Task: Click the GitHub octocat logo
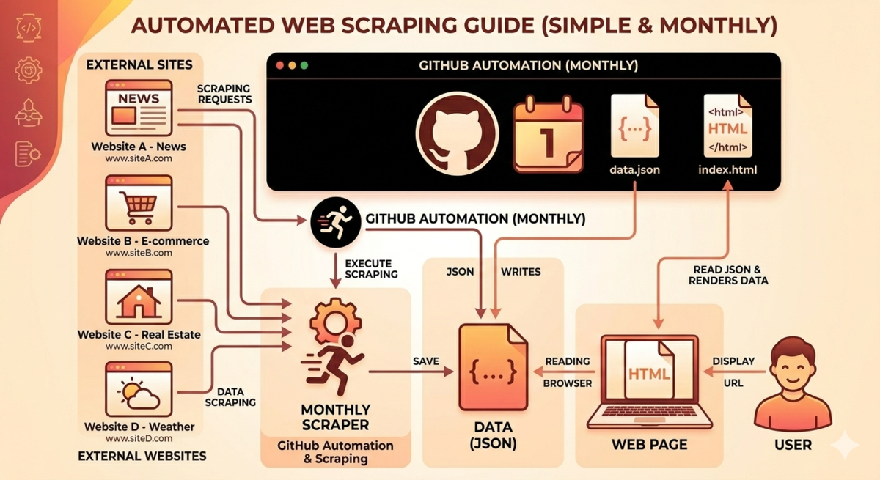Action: pyautogui.click(x=457, y=133)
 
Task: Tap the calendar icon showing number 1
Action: pyautogui.click(x=549, y=134)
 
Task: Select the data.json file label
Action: pyautogui.click(x=634, y=170)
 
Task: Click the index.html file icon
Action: pyautogui.click(x=727, y=125)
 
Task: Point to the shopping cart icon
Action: pyautogui.click(x=139, y=207)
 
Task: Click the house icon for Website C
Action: pyautogui.click(x=139, y=301)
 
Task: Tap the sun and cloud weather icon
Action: pyautogui.click(x=139, y=394)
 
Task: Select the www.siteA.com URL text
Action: pyautogui.click(x=139, y=158)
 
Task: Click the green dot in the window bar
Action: pyautogui.click(x=304, y=65)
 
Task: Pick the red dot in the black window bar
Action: pyautogui.click(x=279, y=65)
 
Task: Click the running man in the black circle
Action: pyautogui.click(x=336, y=222)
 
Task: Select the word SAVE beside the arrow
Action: pyautogui.click(x=426, y=361)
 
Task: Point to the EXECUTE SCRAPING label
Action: pyautogui.click(x=371, y=269)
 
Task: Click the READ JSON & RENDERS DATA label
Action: pyautogui.click(x=728, y=275)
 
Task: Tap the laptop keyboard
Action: pyautogui.click(x=650, y=412)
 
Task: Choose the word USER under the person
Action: pyautogui.click(x=793, y=445)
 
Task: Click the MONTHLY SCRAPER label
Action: pyautogui.click(x=336, y=417)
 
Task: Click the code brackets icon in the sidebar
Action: pyautogui.click(x=29, y=27)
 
